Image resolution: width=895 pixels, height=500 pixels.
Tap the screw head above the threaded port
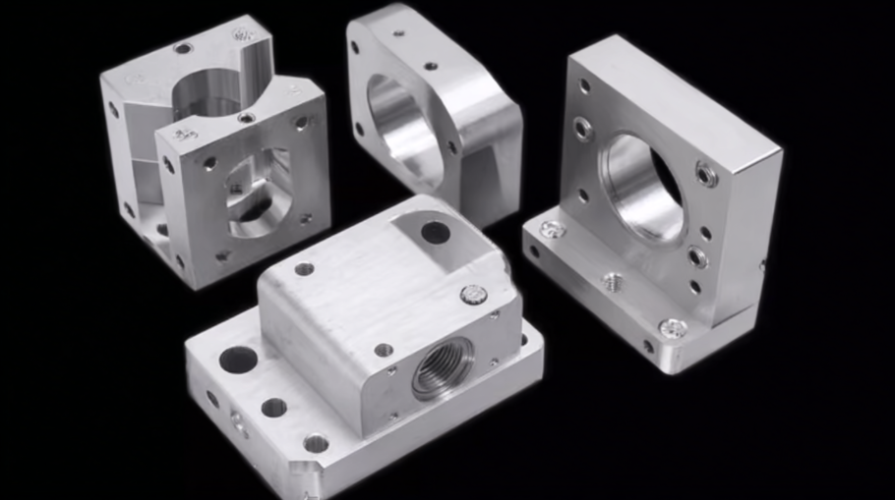coord(474,294)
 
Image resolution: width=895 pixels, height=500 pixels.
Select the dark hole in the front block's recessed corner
coord(435,233)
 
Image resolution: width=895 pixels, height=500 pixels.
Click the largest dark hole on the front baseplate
coord(238,360)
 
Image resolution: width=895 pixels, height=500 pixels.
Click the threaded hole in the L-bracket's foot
coord(613,281)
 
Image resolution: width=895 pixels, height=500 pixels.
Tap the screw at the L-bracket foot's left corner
coord(553,229)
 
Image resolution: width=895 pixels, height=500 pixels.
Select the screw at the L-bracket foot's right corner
coord(673,329)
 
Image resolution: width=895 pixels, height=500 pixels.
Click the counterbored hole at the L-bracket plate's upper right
coord(706,174)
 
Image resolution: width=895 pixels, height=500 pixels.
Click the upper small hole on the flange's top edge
coord(398,31)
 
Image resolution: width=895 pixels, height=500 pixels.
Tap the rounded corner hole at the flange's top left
coord(355,47)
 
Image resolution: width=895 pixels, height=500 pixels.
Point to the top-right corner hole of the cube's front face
coord(301,124)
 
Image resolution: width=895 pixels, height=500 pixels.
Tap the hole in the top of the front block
coord(304,268)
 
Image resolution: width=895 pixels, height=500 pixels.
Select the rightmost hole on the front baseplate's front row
coord(316,443)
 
